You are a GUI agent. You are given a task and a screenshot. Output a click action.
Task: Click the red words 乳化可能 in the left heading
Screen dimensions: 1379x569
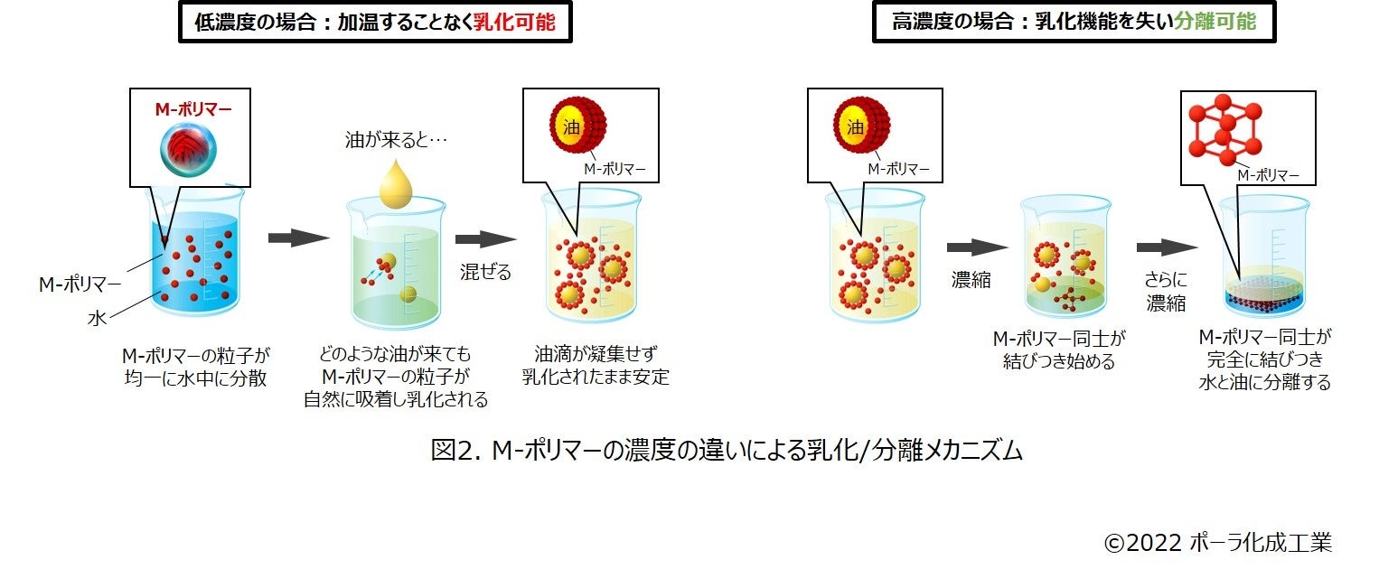click(515, 23)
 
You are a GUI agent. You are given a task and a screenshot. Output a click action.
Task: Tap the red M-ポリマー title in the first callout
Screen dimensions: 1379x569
click(192, 110)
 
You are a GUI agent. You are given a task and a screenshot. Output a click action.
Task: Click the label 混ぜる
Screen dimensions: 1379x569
click(486, 271)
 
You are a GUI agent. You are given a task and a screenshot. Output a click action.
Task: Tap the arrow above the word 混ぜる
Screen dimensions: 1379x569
click(485, 239)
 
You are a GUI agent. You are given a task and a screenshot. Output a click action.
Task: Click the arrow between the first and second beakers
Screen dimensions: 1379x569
click(299, 238)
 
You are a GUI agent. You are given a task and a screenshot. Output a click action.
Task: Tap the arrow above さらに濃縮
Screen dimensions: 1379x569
click(1167, 247)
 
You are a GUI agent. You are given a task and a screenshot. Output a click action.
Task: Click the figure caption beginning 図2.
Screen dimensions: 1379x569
click(727, 450)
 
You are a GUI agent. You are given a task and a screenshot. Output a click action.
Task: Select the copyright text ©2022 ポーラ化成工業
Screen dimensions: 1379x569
click(1217, 542)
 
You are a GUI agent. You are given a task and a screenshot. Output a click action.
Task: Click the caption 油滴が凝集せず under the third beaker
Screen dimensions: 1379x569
click(587, 354)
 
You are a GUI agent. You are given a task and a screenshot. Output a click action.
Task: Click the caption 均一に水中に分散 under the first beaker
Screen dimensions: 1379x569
click(195, 378)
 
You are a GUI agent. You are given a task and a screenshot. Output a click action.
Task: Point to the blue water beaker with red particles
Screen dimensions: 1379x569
click(195, 262)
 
